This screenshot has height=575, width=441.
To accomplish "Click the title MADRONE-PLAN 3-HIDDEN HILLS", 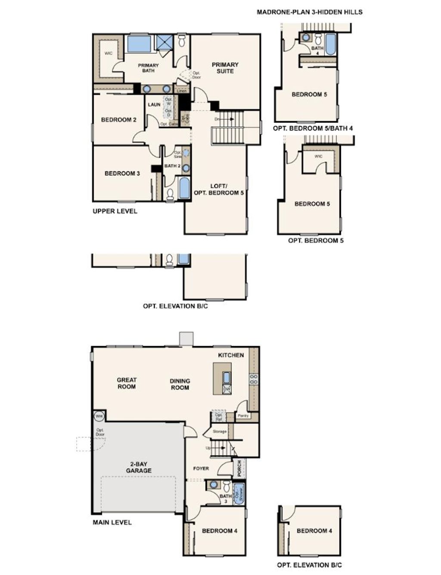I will pyautogui.click(x=309, y=12).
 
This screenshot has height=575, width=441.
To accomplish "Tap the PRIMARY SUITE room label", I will pyautogui.click(x=225, y=68).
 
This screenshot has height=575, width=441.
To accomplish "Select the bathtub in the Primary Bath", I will pyautogui.click(x=139, y=44).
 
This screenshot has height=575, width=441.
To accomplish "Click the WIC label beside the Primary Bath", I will pyautogui.click(x=109, y=53).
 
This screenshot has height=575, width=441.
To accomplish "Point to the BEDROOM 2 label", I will pyautogui.click(x=118, y=120).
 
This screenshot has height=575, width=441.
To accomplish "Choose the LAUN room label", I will pyautogui.click(x=154, y=105).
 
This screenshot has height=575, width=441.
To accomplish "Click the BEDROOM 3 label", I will pyautogui.click(x=122, y=174).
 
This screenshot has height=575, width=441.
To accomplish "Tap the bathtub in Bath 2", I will pyautogui.click(x=184, y=188).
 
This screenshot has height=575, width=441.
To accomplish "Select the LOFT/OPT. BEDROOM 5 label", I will pyautogui.click(x=219, y=190).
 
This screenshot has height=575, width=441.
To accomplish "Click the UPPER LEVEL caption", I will pyautogui.click(x=115, y=211).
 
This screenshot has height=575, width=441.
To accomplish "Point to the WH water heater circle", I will pyautogui.click(x=99, y=416).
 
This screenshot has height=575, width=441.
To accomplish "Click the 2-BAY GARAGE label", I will pyautogui.click(x=139, y=467).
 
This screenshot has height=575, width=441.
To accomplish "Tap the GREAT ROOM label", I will pyautogui.click(x=127, y=383).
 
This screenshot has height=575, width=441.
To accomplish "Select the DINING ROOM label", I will pyautogui.click(x=180, y=384).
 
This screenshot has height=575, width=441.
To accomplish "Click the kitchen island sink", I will pyautogui.click(x=227, y=377).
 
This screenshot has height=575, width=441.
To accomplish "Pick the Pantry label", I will pyautogui.click(x=243, y=416).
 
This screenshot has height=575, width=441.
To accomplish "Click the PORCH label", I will pyautogui.click(x=239, y=469).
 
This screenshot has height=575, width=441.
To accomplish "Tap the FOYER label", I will pyautogui.click(x=201, y=468).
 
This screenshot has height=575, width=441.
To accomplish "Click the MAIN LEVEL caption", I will pyautogui.click(x=112, y=522).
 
